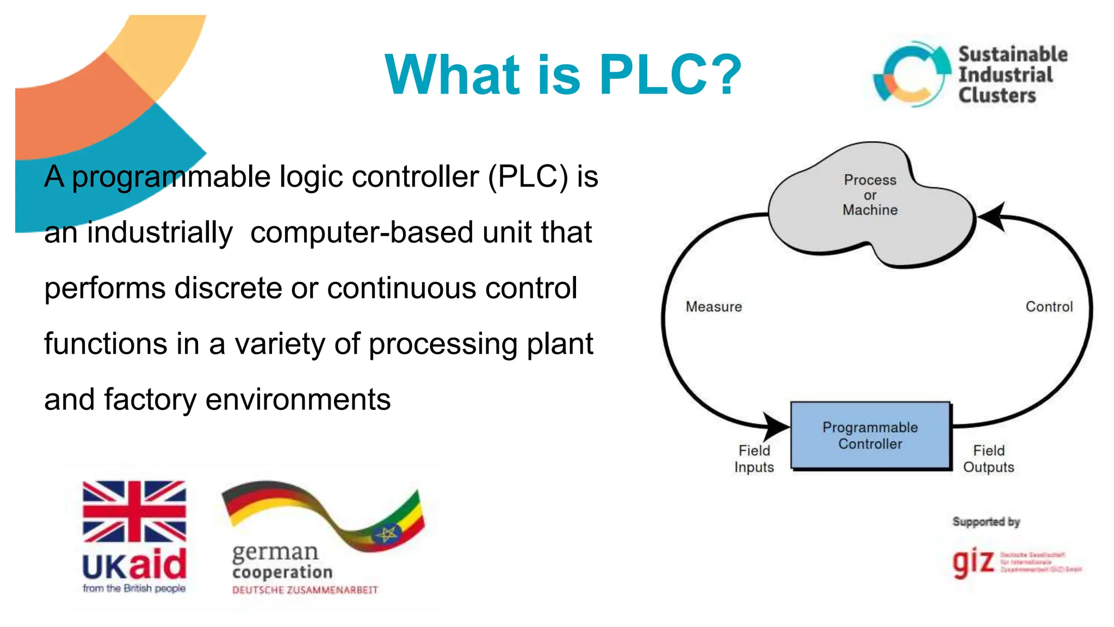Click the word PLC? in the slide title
(x=670, y=75)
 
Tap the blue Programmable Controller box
(x=870, y=435)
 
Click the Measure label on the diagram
(x=714, y=307)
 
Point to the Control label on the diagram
(x=1049, y=307)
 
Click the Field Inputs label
(x=754, y=459)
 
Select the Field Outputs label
(x=988, y=459)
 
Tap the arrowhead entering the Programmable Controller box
(x=777, y=426)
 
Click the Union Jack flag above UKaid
(x=134, y=511)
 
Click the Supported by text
(x=986, y=521)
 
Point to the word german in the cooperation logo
(x=275, y=552)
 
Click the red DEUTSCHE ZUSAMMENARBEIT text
(x=305, y=590)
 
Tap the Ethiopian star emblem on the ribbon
(x=387, y=534)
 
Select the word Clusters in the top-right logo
(x=997, y=95)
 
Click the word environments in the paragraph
(x=298, y=399)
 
